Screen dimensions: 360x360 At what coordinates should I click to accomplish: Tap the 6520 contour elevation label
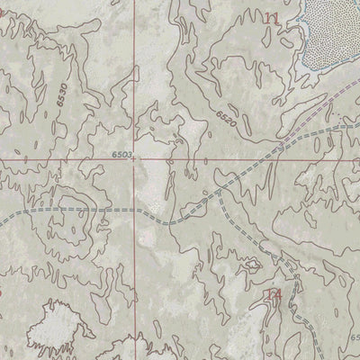click(229, 116)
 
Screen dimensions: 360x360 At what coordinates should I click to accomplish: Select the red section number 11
click(271, 18)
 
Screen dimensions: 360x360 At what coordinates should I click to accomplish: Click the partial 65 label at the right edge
click(355, 337)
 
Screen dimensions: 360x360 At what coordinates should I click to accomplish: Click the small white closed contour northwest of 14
click(249, 266)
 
